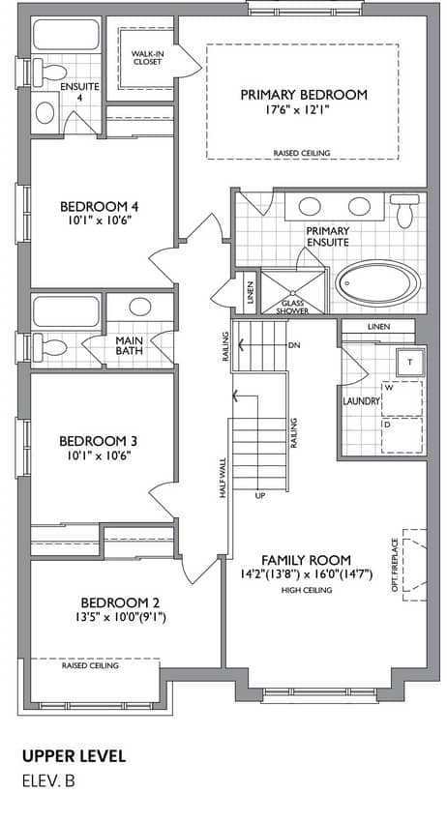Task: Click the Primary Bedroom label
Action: point(304,95)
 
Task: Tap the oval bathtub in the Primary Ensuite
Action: point(377,283)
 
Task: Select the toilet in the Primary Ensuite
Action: point(404,211)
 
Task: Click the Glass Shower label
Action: point(293,308)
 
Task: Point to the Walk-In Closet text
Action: point(146,58)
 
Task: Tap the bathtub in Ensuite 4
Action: point(66,35)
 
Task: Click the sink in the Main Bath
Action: point(140,307)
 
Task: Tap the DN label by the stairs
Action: point(294,345)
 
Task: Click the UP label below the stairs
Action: point(259,495)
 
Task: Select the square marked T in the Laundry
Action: point(409,363)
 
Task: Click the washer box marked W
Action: point(402,398)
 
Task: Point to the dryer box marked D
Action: point(402,435)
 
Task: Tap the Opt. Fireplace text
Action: point(395,565)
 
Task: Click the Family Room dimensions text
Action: point(306,575)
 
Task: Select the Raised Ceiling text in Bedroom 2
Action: point(90,665)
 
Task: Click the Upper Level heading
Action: point(74,756)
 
